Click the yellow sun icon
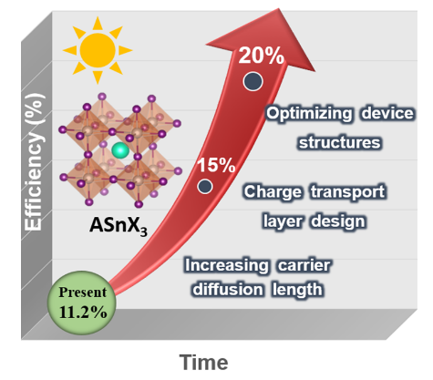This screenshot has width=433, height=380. point(98,50)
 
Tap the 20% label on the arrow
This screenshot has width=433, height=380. point(261,56)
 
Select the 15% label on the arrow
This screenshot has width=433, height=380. point(216,165)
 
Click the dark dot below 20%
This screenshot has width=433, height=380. point(253,81)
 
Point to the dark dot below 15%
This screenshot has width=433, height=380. point(205,186)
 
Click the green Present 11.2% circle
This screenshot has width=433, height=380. point(81,303)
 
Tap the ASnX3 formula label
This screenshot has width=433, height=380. point(119,226)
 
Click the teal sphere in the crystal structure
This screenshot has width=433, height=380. point(120,150)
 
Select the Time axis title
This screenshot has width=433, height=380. point(203,363)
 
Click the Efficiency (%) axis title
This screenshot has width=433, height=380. point(34,162)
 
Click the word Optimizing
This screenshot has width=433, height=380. point(309,114)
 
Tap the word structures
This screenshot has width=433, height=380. point(339,142)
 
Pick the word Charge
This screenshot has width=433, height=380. point(273,192)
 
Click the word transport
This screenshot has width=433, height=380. point(348,192)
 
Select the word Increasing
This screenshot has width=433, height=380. point(227,266)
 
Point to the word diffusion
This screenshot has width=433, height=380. point(228,289)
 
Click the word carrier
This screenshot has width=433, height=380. point(304,265)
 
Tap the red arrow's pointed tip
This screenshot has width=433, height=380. point(278,9)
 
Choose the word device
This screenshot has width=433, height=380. point(387,113)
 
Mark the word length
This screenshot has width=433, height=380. point(297,290)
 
